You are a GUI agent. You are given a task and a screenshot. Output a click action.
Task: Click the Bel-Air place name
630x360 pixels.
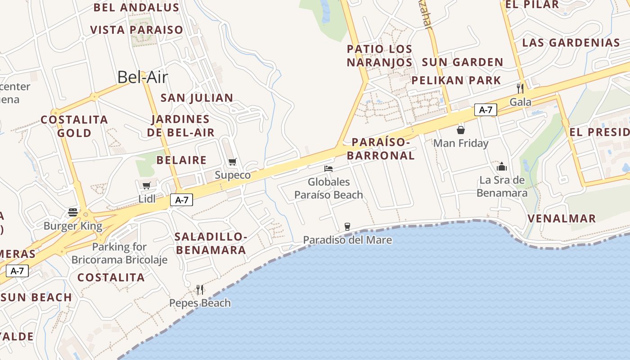coord(142,77)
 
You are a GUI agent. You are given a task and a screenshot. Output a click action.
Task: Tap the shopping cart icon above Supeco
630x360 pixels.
coord(232,162)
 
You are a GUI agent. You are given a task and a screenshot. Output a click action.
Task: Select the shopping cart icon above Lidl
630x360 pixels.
coord(146,185)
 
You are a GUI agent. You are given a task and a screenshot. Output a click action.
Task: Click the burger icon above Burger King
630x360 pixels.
coord(73,212)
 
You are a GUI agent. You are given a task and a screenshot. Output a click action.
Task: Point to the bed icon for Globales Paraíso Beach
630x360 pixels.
coord(328,169)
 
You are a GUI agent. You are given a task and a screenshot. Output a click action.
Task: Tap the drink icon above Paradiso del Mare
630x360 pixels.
coord(347,226)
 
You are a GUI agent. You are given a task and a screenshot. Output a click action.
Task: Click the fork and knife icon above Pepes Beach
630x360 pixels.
coord(200,289)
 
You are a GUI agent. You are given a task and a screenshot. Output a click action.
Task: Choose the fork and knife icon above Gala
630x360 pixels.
coord(520,88)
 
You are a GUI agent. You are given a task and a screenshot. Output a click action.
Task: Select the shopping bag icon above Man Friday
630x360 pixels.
coord(461,130)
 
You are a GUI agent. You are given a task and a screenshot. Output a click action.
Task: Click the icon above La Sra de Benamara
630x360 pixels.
coord(502,166)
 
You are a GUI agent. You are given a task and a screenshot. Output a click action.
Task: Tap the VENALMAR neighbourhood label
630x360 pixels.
coord(562,219)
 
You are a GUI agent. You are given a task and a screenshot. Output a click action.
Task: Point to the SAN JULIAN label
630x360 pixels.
coord(197,98)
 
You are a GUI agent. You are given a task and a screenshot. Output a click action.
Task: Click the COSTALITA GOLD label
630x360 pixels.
coord(74,126)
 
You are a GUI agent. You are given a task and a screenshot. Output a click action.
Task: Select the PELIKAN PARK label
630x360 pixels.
coord(456,81)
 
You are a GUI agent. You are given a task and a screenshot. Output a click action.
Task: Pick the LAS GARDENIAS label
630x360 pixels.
coord(571,43)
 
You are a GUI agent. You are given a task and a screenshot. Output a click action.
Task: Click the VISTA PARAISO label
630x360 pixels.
coord(137,30)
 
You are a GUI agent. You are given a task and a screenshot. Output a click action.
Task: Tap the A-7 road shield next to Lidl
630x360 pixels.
coord(181,200)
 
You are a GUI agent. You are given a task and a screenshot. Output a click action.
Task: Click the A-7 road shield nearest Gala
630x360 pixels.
coord(486,109)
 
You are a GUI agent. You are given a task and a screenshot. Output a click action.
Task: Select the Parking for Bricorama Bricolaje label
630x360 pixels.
coord(119,253)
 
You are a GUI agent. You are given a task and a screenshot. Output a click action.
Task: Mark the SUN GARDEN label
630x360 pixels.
coord(463,62)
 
